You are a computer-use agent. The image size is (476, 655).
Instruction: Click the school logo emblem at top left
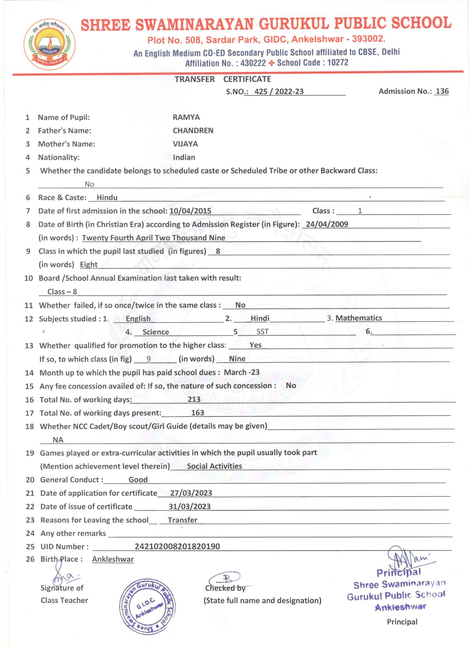point(49,45)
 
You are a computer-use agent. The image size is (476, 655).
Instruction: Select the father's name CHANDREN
point(193,131)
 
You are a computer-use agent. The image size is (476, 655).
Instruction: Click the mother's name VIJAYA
point(185,144)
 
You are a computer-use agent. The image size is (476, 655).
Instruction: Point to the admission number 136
point(442,91)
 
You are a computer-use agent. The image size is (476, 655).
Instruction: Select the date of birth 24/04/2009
point(327,224)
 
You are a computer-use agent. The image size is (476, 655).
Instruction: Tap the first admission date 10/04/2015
point(190,211)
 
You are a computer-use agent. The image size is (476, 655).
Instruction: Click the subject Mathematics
point(358,318)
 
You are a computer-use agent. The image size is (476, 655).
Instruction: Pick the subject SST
point(262,332)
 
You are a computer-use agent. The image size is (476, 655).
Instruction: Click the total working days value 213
point(194,399)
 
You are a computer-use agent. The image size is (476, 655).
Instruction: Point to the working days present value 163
point(197,413)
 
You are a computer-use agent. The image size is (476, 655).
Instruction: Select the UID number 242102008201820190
point(177,546)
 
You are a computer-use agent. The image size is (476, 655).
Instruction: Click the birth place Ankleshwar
point(113,559)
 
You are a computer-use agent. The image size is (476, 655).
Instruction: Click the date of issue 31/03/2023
point(190,506)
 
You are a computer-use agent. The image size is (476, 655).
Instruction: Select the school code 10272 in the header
point(338,63)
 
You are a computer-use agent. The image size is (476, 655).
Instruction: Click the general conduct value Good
point(138,480)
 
